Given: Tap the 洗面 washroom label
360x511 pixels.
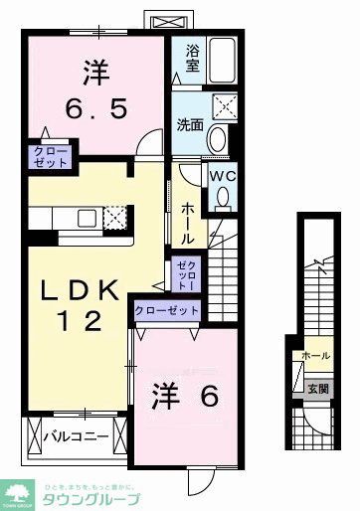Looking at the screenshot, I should coord(191,125).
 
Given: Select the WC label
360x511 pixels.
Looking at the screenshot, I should coord(222,174).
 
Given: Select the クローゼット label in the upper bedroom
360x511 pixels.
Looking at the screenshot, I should coord(49,157).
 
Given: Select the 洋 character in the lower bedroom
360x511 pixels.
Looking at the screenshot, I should coord(166,397).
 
